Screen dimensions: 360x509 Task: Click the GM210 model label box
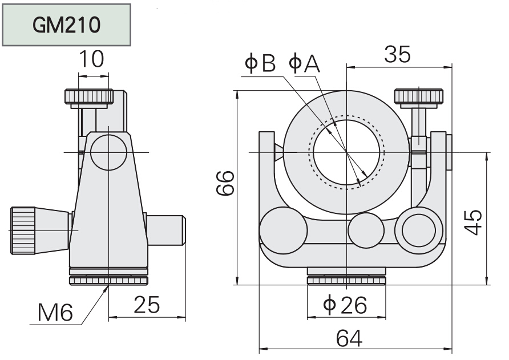pyautogui.click(x=66, y=25)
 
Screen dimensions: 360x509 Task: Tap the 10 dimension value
pyautogui.click(x=92, y=60)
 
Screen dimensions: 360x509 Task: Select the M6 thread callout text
pyautogui.click(x=55, y=312)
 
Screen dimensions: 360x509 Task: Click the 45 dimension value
pyautogui.click(x=472, y=222)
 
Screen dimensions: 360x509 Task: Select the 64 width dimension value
pyautogui.click(x=349, y=338)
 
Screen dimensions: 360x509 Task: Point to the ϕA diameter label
pyautogui.click(x=304, y=63)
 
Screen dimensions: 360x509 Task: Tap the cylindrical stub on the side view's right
pyautogui.click(x=167, y=230)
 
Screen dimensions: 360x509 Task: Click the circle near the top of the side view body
pyautogui.click(x=108, y=152)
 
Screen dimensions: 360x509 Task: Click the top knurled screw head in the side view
pyautogui.click(x=88, y=97)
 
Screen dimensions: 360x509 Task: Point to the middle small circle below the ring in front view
pyautogui.click(x=366, y=231)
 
